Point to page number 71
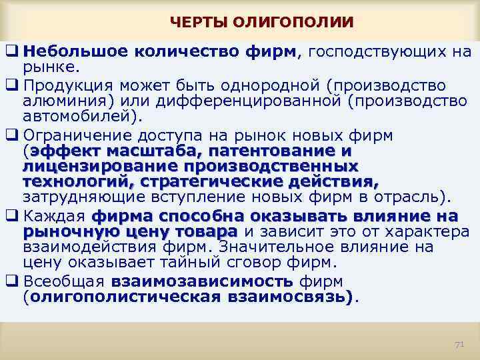pos(458,344)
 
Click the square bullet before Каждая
pos(12,217)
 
